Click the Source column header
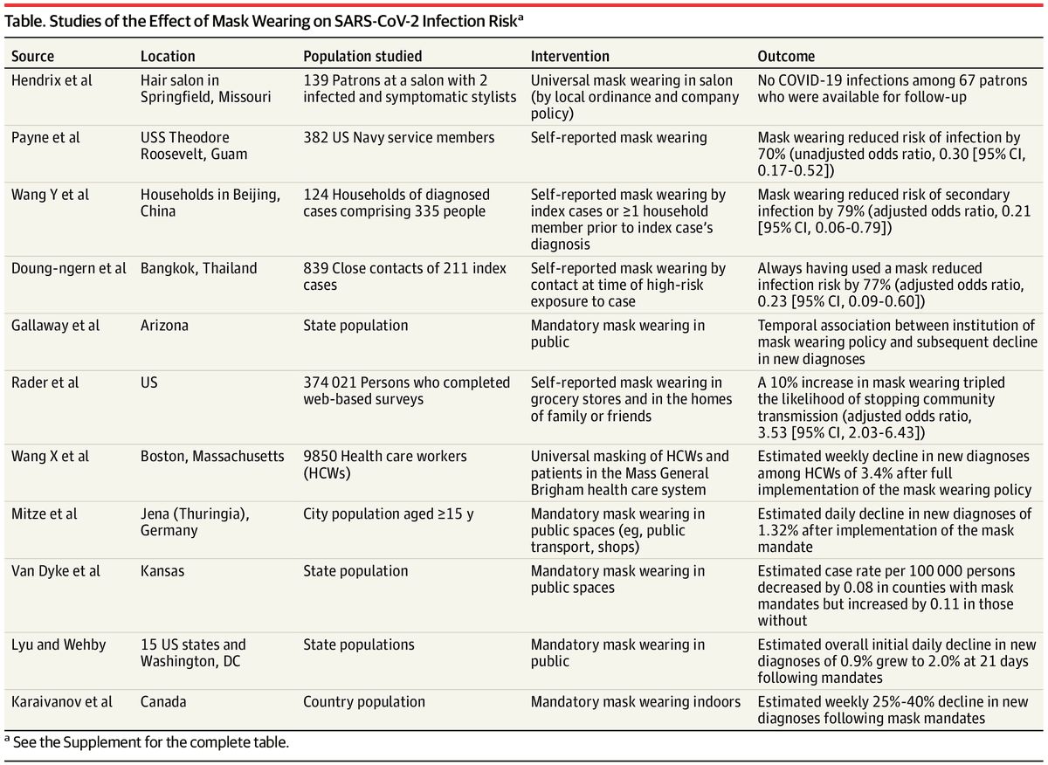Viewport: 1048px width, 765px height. tap(32, 56)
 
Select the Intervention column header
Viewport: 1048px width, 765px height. tap(569, 56)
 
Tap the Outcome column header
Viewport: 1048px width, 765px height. tap(786, 56)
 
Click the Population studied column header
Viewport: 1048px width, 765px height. tap(362, 56)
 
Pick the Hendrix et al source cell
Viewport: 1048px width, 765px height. tap(52, 80)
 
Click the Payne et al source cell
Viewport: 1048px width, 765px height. tap(45, 138)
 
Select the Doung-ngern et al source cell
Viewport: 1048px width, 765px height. tap(68, 268)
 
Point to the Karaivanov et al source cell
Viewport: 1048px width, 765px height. tap(62, 702)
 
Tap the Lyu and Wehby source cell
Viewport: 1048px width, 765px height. tap(59, 644)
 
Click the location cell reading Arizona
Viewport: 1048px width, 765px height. tap(164, 325)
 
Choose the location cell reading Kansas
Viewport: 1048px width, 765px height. tap(162, 571)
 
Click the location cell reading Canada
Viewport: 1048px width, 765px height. tap(163, 702)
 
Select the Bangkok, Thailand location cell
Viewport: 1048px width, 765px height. tap(199, 268)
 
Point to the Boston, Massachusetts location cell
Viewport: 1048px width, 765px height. tap(212, 456)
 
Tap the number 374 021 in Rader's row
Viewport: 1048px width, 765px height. tap(329, 382)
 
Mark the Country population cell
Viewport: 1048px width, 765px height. tap(364, 702)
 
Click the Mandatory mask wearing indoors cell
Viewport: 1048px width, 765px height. tap(636, 702)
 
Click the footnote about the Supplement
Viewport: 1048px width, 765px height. tap(147, 742)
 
